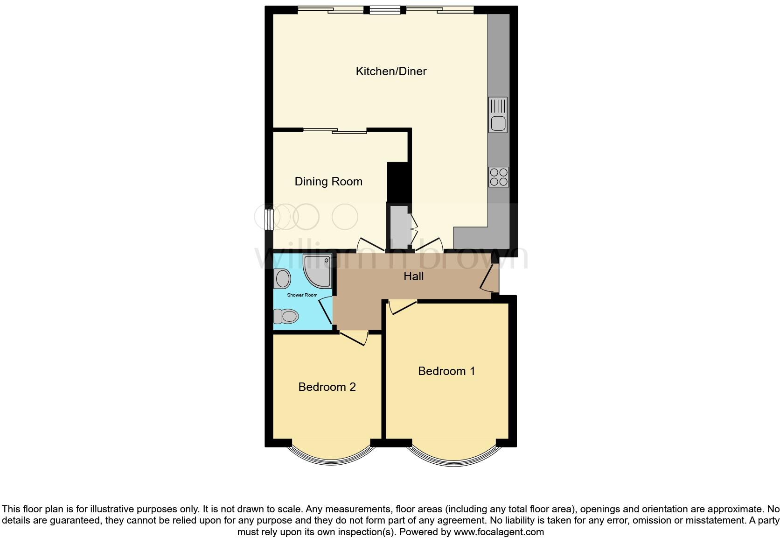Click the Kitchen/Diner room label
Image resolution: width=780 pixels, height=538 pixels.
(x=391, y=71)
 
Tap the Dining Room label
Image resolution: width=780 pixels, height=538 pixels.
(x=328, y=182)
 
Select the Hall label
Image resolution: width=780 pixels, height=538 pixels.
(x=413, y=276)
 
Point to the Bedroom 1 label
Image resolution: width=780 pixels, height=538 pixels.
(x=446, y=371)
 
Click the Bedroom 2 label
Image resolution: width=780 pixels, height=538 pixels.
(x=327, y=387)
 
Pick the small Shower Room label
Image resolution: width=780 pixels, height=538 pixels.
(x=302, y=295)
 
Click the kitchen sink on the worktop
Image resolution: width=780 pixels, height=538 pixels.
(x=498, y=115)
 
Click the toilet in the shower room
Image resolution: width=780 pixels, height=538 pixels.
(x=286, y=317)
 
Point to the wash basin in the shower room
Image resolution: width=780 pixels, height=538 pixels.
(x=282, y=279)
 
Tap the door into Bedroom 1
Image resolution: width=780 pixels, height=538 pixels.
(x=403, y=306)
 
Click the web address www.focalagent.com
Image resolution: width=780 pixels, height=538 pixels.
(x=498, y=532)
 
